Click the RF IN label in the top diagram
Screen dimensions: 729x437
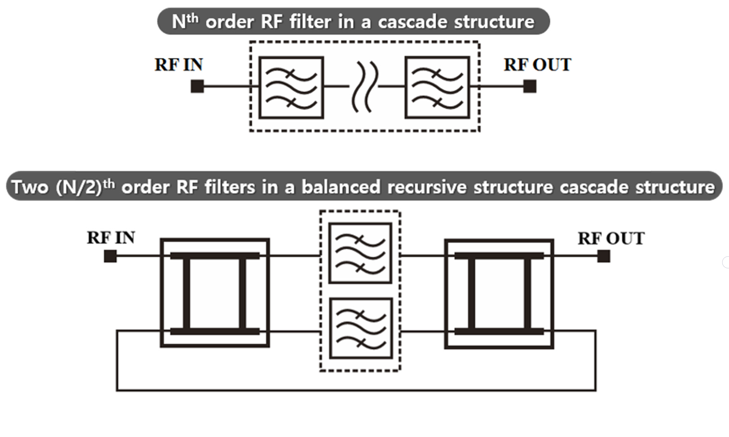179,65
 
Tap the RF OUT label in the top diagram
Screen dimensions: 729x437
537,65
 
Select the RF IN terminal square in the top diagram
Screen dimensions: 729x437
197,86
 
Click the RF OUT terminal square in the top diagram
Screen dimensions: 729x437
530,86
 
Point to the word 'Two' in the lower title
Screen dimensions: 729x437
30,187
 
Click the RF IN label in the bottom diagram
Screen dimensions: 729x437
111,238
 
